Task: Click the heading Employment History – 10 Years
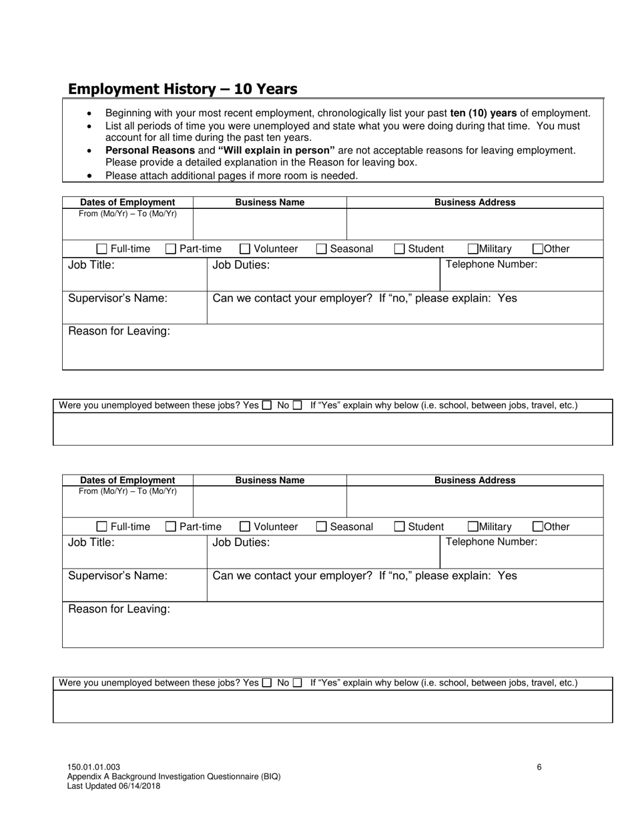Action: point(182,89)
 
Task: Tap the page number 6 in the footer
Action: point(539,767)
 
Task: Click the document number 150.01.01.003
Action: point(93,768)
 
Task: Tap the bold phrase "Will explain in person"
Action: point(276,151)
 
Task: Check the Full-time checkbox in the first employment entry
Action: point(101,249)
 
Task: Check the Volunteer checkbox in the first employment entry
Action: point(245,249)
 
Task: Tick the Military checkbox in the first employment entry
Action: point(473,249)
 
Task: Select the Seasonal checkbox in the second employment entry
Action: point(321,527)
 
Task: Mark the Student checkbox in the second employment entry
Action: point(399,527)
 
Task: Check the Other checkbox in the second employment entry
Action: point(538,527)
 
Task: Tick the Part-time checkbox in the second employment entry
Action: point(171,527)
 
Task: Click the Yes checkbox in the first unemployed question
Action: point(267,405)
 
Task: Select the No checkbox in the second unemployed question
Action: point(298,683)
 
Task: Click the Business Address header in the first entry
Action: point(474,202)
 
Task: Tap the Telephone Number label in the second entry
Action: point(491,542)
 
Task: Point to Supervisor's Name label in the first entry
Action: point(117,298)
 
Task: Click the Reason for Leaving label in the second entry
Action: point(119,609)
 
